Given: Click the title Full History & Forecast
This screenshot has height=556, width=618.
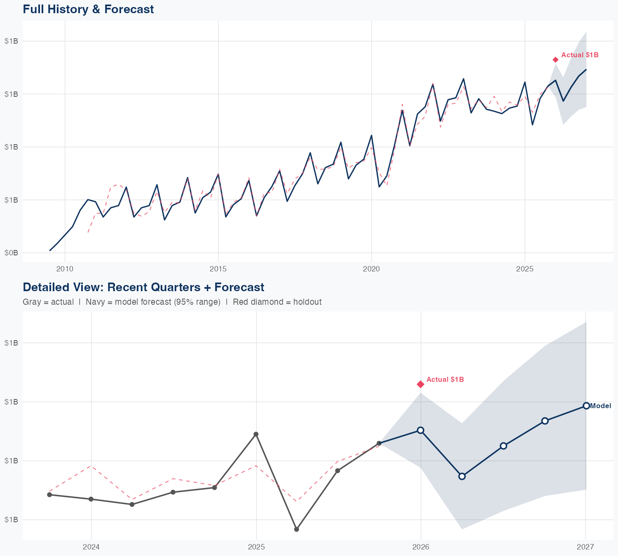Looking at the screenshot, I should pos(88,9).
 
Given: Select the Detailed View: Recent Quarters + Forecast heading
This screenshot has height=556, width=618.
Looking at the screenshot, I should pos(143,287).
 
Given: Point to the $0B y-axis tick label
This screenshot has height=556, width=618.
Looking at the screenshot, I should pos(11,253).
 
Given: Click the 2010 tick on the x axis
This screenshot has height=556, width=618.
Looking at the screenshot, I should pos(65,269).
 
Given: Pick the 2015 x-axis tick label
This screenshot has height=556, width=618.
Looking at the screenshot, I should pos(218,269).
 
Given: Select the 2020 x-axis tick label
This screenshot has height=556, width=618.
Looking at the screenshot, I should pos(371,269).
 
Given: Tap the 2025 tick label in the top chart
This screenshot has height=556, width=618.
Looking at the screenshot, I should pos(525,269).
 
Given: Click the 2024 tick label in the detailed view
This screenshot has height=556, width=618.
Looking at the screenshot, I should pos(91,547).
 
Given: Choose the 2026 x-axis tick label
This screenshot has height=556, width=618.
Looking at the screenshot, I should pos(421,547).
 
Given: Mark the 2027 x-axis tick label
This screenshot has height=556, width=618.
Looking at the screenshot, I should pos(585,547).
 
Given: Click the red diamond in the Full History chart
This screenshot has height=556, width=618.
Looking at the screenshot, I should pos(555,60).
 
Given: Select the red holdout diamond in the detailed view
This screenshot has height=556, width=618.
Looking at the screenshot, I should pos(421,384).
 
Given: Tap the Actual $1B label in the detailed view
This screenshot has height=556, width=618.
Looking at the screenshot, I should pos(445,379).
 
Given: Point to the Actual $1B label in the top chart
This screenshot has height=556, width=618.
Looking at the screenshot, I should pos(580,55).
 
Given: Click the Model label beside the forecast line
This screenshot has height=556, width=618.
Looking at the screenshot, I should pos(600,406).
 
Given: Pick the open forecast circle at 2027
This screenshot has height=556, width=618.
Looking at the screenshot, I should pos(586,406).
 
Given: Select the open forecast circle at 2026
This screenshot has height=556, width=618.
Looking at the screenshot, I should pos(421,430).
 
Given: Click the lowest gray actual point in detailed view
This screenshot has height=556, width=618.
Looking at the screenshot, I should pos(297,529).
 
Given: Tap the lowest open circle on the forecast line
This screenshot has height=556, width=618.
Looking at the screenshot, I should pos(462,476).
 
